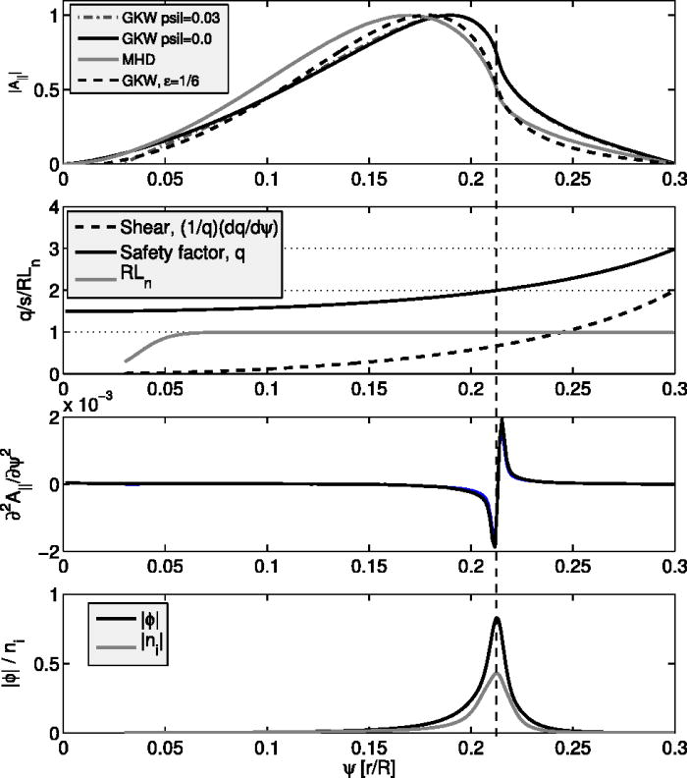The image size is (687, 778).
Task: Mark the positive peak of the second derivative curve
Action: [x=502, y=420]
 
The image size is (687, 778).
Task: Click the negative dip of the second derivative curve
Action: [x=494, y=545]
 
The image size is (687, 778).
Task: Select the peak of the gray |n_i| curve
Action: [x=497, y=673]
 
